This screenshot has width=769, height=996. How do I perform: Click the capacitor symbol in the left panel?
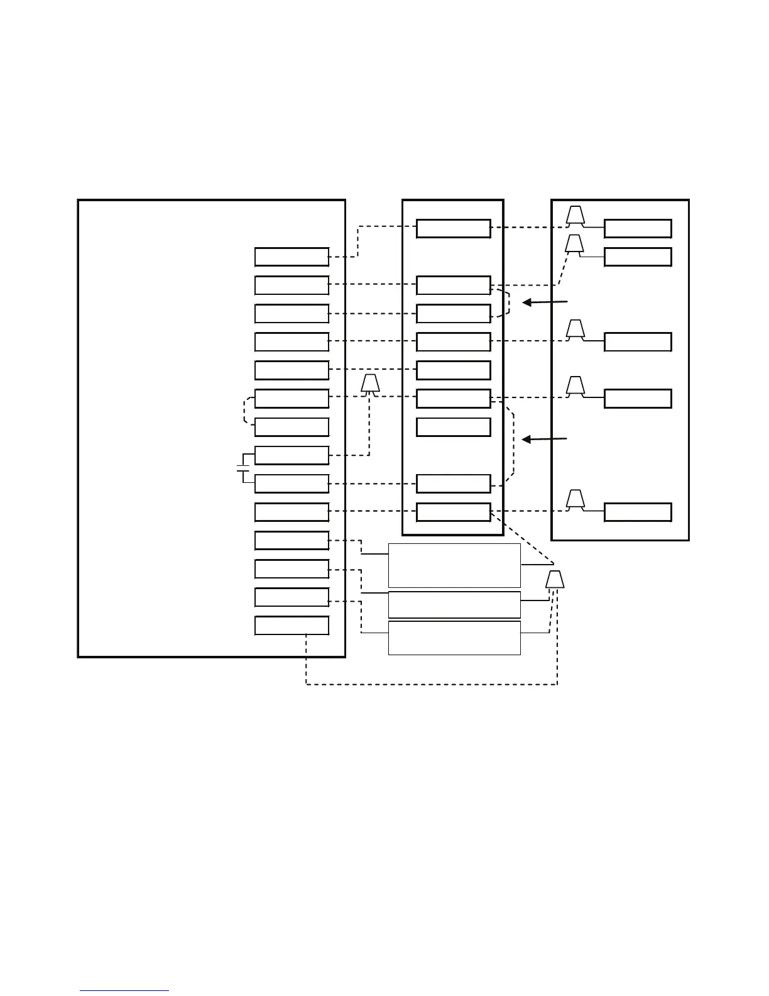coord(243,469)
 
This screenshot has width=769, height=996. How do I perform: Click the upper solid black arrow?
coord(545,302)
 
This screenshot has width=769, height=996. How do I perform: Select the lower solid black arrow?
coord(545,439)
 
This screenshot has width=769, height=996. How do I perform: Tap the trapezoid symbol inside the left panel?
coord(371,384)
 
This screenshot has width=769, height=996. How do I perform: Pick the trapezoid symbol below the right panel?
coord(554,579)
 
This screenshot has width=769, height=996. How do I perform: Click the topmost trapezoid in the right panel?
coord(575,216)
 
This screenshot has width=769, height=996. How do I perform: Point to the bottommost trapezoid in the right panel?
coord(575,499)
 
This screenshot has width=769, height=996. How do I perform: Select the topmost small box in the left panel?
coord(292,257)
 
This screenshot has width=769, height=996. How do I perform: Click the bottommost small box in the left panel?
coord(292,626)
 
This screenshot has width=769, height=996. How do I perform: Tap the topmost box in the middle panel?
coord(454,229)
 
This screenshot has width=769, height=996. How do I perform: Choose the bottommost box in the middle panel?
coord(454,512)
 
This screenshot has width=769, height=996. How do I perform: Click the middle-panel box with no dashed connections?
coord(454,427)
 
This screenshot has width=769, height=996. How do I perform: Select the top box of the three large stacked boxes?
coord(454,565)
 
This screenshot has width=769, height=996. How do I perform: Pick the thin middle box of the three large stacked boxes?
coord(454,604)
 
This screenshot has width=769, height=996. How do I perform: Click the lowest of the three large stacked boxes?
coord(454,638)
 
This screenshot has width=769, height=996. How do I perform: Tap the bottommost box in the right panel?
coord(638,512)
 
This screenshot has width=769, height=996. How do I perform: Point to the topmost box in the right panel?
coord(638,229)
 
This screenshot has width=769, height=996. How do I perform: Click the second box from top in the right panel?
coord(638,257)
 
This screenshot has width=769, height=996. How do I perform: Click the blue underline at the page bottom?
coord(124,991)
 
